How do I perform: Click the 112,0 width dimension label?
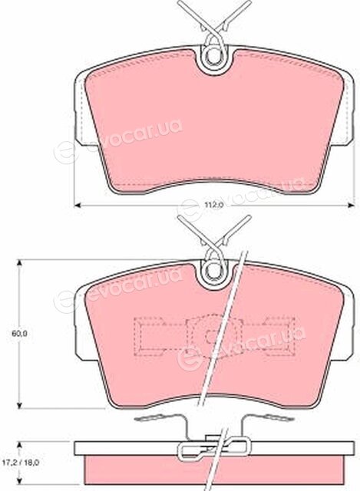coord(213,206)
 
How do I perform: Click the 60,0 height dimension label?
coord(19,334)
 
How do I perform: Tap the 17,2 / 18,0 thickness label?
coord(21,462)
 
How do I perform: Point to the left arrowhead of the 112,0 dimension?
coord(77,206)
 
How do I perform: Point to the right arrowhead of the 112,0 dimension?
coord(352,206)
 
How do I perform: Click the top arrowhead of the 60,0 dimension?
coord(19,263)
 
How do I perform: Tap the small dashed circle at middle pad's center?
coord(210,337)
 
